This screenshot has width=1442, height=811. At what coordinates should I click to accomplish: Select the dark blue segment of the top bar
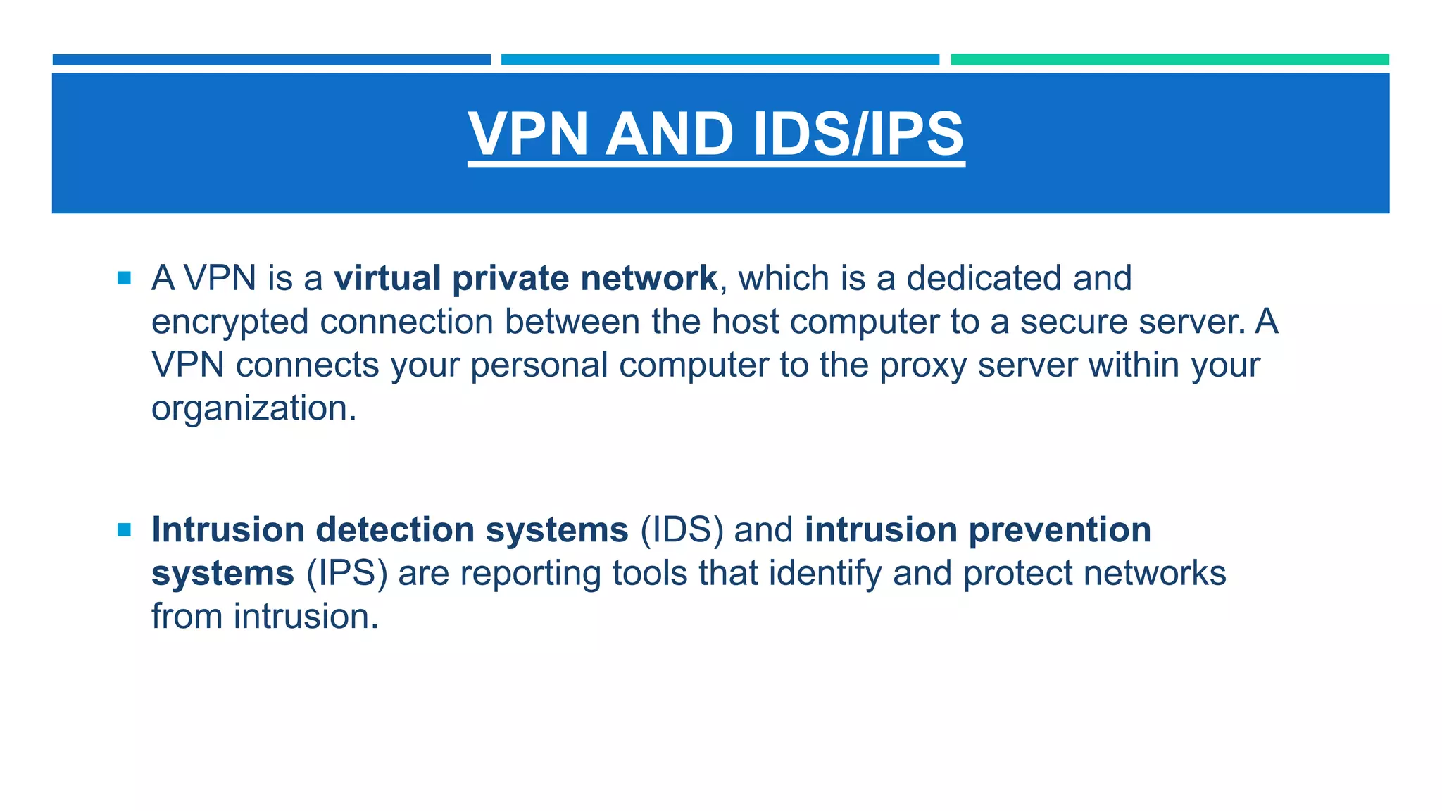click(271, 60)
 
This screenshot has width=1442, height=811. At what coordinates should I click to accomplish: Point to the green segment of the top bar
click(1170, 60)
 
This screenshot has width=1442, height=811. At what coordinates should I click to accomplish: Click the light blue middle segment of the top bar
click(720, 60)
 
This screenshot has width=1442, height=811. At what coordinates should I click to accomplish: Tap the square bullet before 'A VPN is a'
click(125, 278)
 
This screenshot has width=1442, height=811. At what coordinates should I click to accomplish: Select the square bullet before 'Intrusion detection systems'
click(125, 530)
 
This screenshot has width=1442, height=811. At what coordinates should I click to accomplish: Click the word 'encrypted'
click(230, 322)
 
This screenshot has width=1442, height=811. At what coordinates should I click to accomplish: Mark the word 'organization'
click(249, 409)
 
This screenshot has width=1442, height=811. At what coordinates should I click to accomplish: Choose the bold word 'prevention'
click(1060, 531)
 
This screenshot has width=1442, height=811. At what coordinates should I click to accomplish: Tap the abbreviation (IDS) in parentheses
click(681, 530)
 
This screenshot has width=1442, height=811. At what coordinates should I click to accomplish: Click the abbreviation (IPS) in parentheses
click(346, 574)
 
